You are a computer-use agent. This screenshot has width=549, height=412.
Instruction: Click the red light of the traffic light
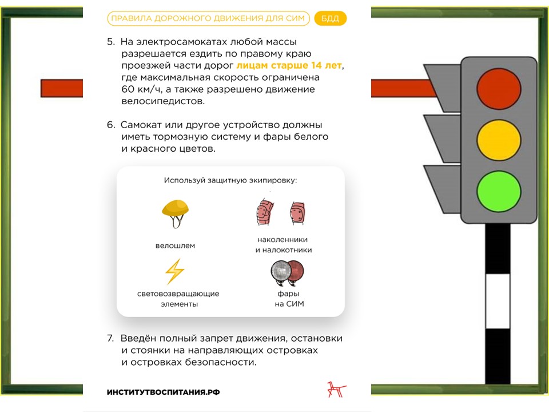pyautogui.click(x=499, y=89)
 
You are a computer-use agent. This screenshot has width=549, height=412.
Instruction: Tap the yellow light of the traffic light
pyautogui.click(x=499, y=140)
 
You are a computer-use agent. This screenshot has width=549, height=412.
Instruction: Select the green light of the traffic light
pyautogui.click(x=499, y=191)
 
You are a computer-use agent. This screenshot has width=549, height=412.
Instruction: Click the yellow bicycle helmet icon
pyautogui.click(x=175, y=213)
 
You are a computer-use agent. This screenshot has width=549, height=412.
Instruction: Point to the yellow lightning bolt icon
pyautogui.click(x=175, y=271)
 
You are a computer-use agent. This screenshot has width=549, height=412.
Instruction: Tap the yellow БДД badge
pyautogui.click(x=330, y=18)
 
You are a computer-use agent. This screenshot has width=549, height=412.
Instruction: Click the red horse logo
pyautogui.click(x=336, y=390)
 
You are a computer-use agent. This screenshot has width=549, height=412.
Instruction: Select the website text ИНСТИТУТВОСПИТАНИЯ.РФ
pyautogui.click(x=163, y=393)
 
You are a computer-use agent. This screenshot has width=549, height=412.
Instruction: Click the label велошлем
pyautogui.click(x=175, y=245)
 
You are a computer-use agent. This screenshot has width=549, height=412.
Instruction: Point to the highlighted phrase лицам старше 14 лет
pyautogui.click(x=289, y=65)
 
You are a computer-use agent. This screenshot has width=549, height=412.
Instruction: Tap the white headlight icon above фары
pyautogui.click(x=281, y=272)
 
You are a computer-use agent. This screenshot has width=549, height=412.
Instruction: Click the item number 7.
pyautogui.click(x=110, y=338)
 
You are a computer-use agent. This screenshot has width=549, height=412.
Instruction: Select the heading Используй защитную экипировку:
pyautogui.click(x=230, y=180)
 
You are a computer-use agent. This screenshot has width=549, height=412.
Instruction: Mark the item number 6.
pyautogui.click(x=111, y=125)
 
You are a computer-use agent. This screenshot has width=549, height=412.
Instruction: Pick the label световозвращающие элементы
pyautogui.click(x=178, y=299)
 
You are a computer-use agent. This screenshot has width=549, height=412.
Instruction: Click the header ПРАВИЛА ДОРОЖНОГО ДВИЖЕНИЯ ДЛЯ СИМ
pyautogui.click(x=208, y=18)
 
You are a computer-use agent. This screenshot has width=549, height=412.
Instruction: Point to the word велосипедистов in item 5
pyautogui.click(x=163, y=101)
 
